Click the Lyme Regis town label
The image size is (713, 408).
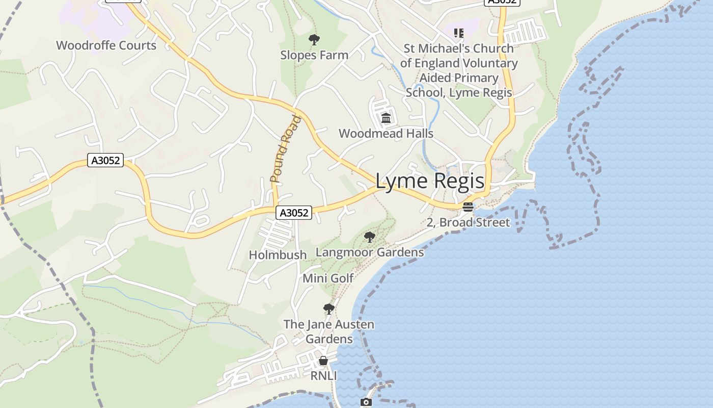click(x=430, y=182)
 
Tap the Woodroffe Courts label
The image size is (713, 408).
click(x=106, y=45)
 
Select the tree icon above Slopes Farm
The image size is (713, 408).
click(x=314, y=39)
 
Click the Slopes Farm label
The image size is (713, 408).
click(x=314, y=55)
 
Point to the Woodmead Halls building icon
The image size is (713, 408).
click(x=386, y=118)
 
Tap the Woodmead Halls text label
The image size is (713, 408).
click(x=386, y=134)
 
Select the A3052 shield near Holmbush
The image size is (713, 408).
click(x=294, y=213)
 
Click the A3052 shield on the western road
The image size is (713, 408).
click(x=105, y=161)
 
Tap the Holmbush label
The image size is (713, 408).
click(x=278, y=254)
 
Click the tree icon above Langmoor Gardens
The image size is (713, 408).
click(x=370, y=237)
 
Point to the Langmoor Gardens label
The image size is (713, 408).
click(x=370, y=252)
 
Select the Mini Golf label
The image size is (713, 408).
click(x=328, y=278)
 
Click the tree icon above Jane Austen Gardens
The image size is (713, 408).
click(x=329, y=309)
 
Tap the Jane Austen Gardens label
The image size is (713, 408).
click(x=329, y=331)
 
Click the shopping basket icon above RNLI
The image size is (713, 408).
click(x=323, y=361)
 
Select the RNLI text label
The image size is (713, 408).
click(x=324, y=376)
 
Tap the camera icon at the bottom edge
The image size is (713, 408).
click(x=366, y=402)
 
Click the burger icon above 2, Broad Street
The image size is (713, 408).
click(x=468, y=207)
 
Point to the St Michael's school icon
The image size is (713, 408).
click(x=459, y=33)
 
